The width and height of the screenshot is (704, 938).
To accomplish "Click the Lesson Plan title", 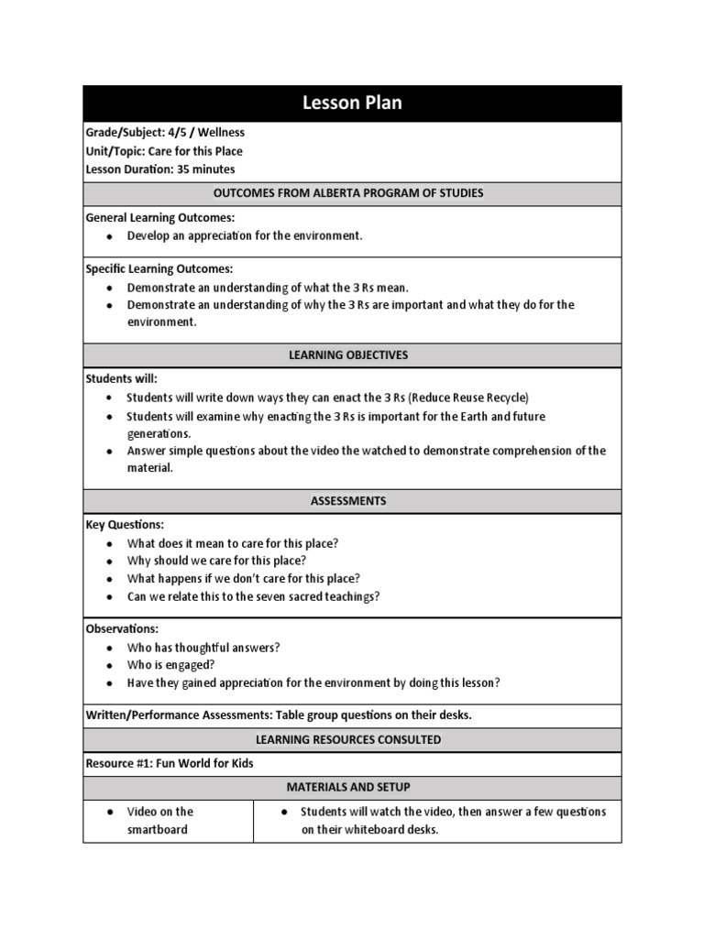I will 352,104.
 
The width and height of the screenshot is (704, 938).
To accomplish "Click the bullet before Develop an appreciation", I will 109,236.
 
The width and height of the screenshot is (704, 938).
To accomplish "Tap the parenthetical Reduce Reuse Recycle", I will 468,398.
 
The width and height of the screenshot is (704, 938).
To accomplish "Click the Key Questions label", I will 125,525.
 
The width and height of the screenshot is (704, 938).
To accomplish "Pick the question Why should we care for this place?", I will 216,561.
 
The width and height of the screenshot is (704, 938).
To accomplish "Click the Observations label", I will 122,628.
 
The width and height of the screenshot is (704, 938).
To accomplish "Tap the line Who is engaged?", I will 171,665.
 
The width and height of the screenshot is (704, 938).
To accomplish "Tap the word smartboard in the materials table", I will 158,830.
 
